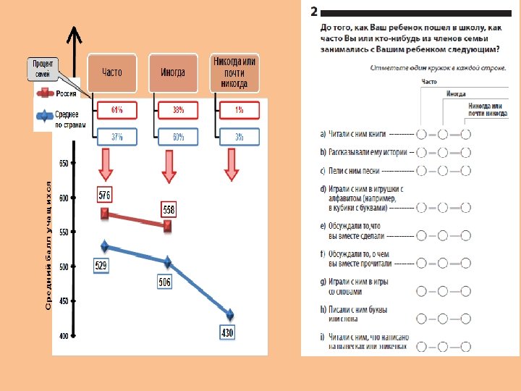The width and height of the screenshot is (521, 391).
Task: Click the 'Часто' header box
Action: click(x=111, y=72)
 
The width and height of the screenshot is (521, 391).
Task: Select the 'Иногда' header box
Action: click(x=172, y=72)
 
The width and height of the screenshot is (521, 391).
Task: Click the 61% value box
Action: click(x=116, y=110)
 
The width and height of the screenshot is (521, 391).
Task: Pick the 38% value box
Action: click(x=177, y=110)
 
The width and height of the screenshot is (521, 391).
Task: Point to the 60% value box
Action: click(x=177, y=138)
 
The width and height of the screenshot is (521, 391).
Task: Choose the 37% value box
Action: click(x=116, y=138)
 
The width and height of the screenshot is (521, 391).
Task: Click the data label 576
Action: click(x=105, y=195)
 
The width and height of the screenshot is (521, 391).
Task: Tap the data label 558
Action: click(x=167, y=209)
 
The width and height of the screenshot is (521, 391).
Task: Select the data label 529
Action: click(x=101, y=266)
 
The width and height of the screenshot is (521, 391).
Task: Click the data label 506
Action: click(x=164, y=282)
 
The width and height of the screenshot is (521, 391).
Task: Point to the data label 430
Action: click(x=227, y=332)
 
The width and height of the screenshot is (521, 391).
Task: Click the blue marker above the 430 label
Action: click(x=230, y=314)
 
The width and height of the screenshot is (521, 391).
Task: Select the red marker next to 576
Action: click(x=105, y=213)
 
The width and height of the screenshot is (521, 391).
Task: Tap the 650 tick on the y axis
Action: click(x=64, y=164)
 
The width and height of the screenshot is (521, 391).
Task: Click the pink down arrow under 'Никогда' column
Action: click(x=231, y=164)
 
